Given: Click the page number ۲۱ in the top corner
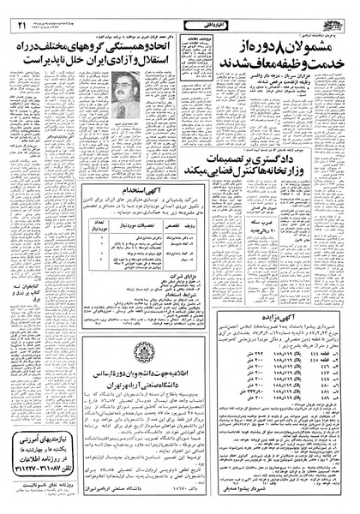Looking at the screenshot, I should [x=19, y=9].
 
